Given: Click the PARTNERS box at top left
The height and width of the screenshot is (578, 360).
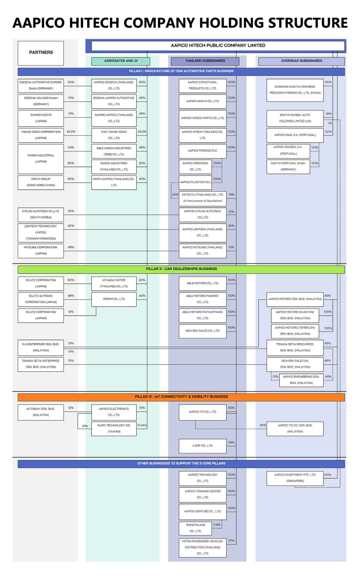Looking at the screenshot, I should [41, 53].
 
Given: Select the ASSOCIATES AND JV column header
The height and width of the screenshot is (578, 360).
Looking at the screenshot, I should [121, 61].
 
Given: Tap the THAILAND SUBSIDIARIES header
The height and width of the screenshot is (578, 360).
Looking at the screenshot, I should [205, 61].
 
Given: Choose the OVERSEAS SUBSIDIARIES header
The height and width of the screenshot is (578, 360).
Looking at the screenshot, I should [301, 61].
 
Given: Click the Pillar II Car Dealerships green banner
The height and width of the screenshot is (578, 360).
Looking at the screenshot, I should [181, 269].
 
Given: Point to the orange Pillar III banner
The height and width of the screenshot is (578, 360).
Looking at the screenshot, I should [181, 397].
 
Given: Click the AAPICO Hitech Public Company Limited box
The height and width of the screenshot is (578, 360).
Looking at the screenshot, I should [218, 46].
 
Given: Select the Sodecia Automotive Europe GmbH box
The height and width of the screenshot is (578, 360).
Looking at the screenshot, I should [41, 85].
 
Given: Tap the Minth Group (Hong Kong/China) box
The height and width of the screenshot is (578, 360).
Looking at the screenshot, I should [41, 182].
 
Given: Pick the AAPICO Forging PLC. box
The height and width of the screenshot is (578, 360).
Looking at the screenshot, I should [202, 151].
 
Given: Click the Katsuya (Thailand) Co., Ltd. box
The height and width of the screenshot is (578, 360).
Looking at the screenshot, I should [202, 198].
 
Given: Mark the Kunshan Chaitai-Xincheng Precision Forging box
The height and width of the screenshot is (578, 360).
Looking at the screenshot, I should [295, 90].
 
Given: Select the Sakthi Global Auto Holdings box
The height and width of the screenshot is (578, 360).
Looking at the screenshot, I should [295, 118].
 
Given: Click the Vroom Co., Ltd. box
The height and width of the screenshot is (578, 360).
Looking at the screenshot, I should [114, 299].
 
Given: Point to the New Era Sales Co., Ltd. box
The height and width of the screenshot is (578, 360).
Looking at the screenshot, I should [202, 331].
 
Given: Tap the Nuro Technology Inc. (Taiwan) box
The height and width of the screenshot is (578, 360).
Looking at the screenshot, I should [114, 429].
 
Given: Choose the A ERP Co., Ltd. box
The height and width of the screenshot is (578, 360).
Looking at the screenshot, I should [202, 446].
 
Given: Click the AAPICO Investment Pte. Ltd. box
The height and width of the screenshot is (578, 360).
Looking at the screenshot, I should [295, 478].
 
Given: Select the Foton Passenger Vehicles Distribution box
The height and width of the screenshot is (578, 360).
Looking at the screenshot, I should [202, 548].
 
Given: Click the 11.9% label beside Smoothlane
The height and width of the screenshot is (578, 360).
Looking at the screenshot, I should [217, 525].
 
